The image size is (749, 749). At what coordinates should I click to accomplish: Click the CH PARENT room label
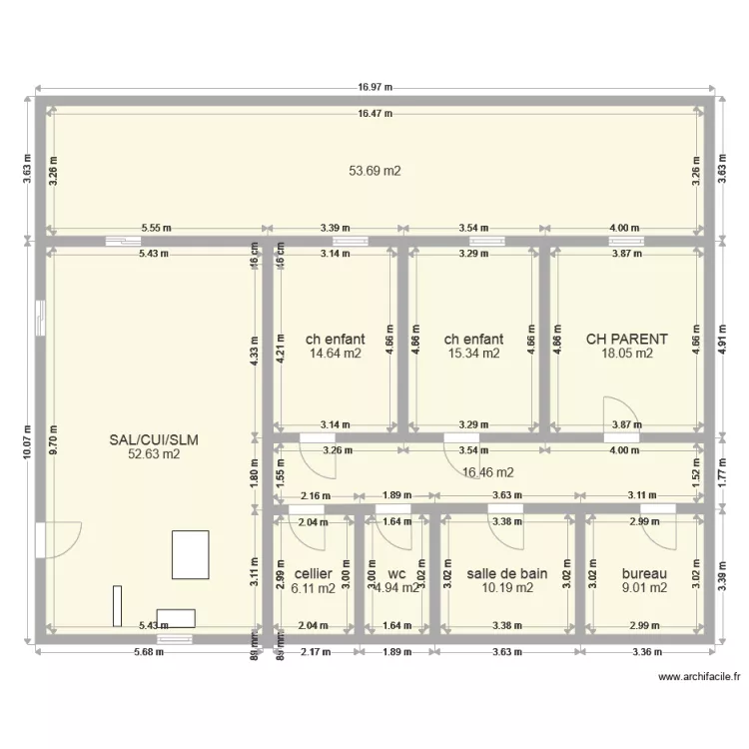626,340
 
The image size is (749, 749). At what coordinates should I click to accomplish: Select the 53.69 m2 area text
374,171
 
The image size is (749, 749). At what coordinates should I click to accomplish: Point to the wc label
395,574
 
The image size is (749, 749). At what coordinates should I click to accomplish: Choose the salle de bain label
507,574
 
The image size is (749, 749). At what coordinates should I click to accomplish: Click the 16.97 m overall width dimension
374,88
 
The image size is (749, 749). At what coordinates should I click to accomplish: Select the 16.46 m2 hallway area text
488,472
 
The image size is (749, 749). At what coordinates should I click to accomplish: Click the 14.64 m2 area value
336,353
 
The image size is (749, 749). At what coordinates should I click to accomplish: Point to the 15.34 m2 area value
473,353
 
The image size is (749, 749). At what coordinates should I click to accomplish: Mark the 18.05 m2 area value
626,353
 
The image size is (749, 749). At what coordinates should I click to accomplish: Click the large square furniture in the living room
191,554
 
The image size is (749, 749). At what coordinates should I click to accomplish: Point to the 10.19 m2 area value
507,588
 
